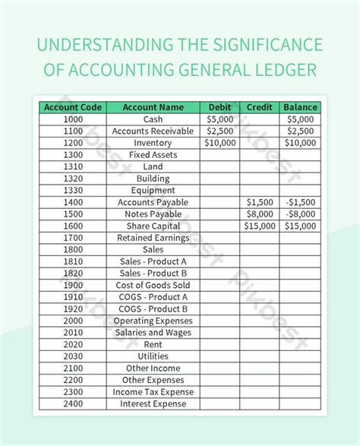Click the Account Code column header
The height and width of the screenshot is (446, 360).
click(x=74, y=108)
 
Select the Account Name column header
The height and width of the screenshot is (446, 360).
click(x=153, y=108)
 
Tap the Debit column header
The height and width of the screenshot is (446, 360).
click(x=221, y=108)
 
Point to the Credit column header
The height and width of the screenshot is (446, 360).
click(x=261, y=108)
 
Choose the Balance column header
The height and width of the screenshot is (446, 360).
click(x=300, y=108)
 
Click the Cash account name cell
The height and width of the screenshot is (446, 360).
click(x=153, y=119)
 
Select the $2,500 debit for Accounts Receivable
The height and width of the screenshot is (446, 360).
click(x=221, y=131)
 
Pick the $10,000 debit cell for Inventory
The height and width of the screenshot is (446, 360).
click(x=221, y=143)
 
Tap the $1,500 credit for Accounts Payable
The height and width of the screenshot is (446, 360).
click(x=261, y=202)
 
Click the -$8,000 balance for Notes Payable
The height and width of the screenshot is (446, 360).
click(x=300, y=214)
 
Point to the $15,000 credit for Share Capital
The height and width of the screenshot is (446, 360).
click(x=261, y=226)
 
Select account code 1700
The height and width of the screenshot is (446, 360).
click(x=74, y=238)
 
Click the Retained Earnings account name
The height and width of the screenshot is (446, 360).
click(x=153, y=238)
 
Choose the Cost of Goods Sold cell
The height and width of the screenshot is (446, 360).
click(x=153, y=285)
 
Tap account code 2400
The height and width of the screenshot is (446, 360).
click(x=74, y=403)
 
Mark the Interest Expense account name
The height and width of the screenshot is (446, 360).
click(x=153, y=403)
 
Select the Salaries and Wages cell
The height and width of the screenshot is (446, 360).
click(x=153, y=332)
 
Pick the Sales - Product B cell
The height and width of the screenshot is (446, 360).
click(x=153, y=273)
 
